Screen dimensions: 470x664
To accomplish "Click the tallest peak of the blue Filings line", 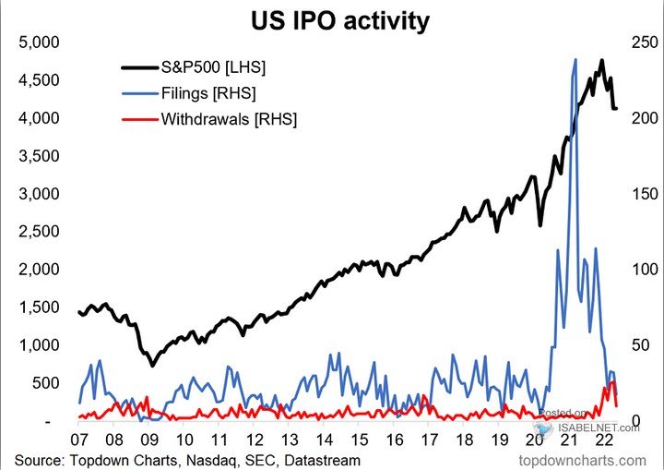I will tap(575, 60).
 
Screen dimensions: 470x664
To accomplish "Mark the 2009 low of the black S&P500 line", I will tap(152, 365).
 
